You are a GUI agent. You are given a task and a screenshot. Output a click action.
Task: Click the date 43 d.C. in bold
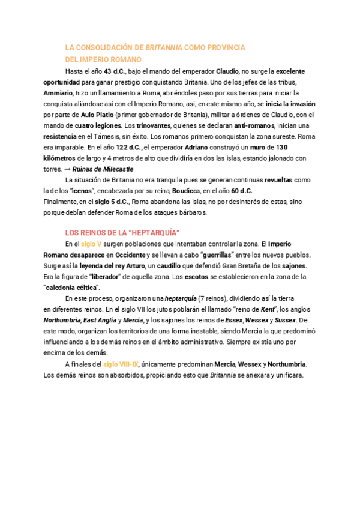click(115, 71)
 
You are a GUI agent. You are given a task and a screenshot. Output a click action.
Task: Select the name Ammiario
click(58, 93)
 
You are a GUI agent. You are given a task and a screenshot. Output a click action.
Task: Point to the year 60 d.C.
click(242, 191)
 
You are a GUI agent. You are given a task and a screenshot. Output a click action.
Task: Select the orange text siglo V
click(91, 244)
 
